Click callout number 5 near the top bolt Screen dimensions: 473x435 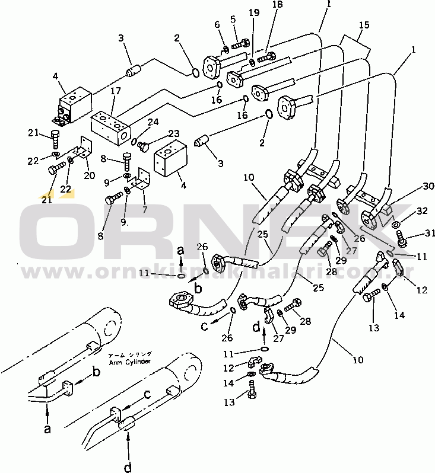pyautogui.click(x=233, y=20)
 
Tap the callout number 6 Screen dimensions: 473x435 pyautogui.click(x=217, y=24)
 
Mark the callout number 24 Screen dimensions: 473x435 pyautogui.click(x=153, y=123)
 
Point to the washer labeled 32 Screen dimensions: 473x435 pyautogui.click(x=395, y=223)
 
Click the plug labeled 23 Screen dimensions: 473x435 pyautogui.click(x=143, y=145)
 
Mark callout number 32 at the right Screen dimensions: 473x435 pyautogui.click(x=421, y=210)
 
